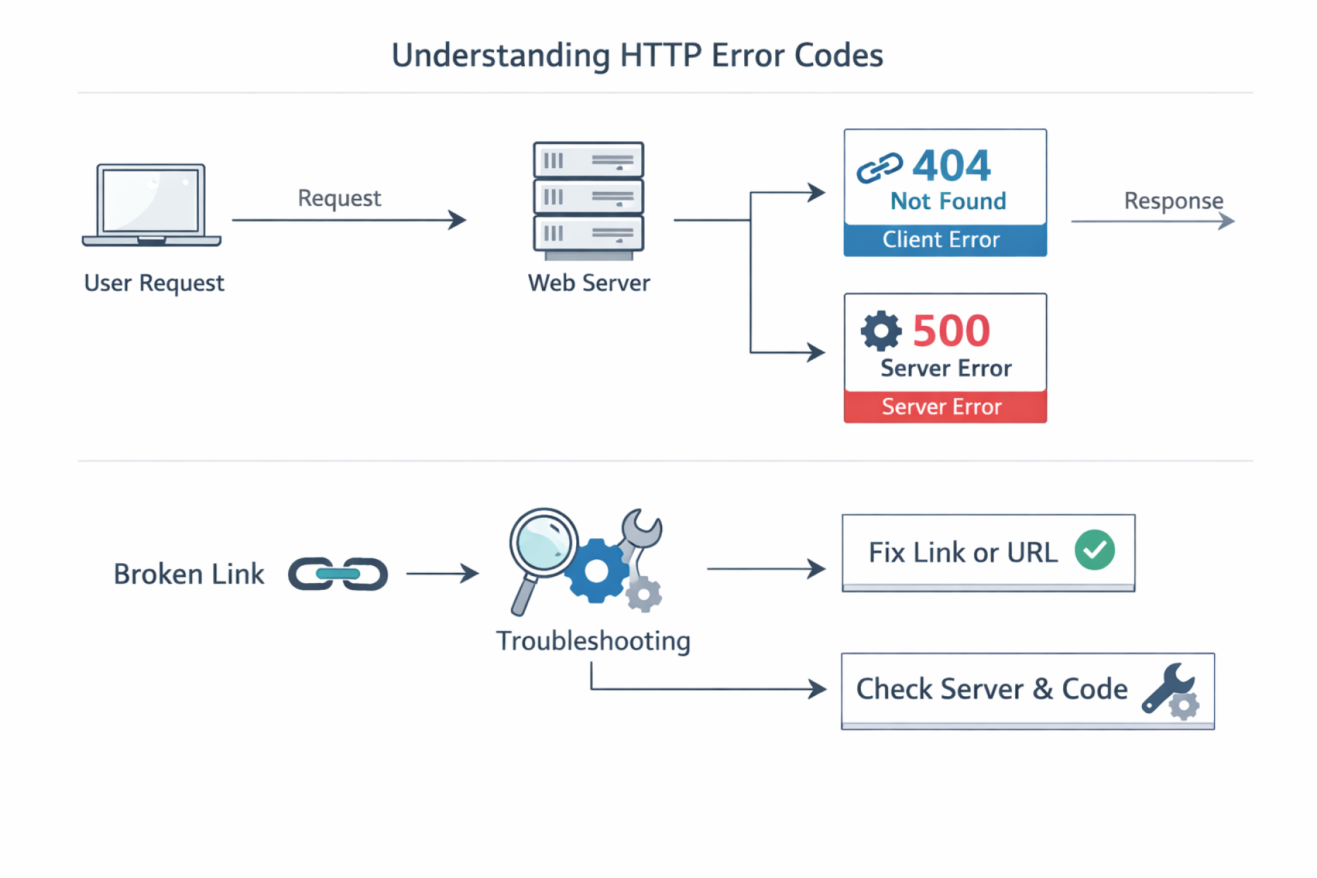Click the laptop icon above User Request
[x=151, y=204]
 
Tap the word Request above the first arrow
[x=339, y=198]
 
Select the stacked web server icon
[x=589, y=199]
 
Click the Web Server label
[x=589, y=283]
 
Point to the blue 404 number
[x=951, y=165]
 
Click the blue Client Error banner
[x=945, y=240]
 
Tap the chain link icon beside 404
[x=879, y=167]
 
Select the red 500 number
[x=951, y=331]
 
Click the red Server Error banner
[x=945, y=407]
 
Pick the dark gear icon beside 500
[x=881, y=331]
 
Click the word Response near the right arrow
[x=1173, y=201]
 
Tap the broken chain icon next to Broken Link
[x=338, y=573]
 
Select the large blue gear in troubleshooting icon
[x=596, y=571]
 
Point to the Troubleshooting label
[x=593, y=641]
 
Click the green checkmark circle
[x=1094, y=550]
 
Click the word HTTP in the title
[x=660, y=56]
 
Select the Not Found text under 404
[x=948, y=202]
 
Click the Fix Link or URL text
[x=962, y=553]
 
